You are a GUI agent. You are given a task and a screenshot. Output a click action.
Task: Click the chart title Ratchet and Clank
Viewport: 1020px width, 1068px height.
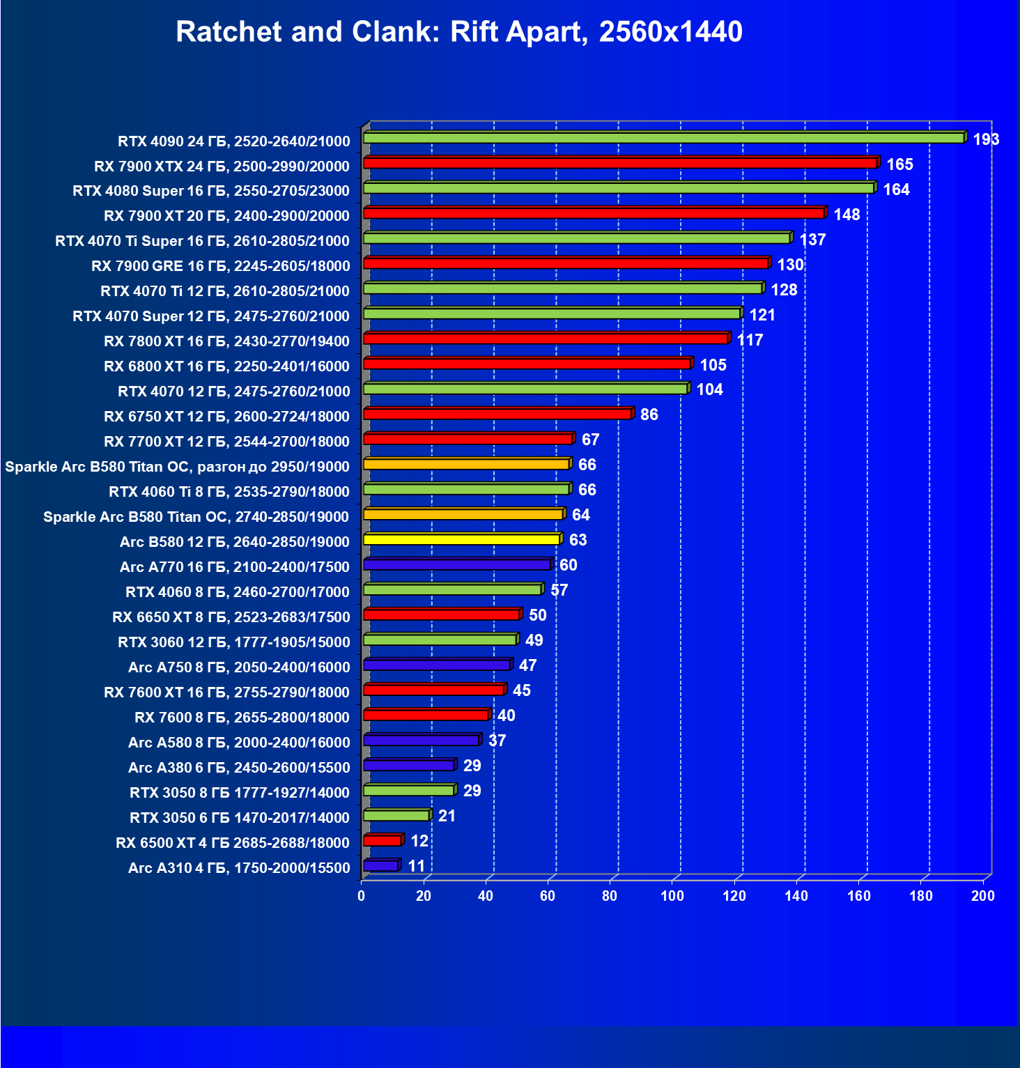click(x=459, y=32)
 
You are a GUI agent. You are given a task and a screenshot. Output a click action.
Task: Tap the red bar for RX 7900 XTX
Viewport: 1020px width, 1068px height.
click(x=620, y=163)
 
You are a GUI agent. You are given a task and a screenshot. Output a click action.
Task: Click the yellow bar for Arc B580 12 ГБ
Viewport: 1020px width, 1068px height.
click(x=461, y=539)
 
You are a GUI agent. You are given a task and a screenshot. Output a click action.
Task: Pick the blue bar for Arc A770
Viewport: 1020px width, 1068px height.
click(x=457, y=564)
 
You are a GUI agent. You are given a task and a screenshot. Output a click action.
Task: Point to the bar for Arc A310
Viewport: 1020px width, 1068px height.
click(x=380, y=865)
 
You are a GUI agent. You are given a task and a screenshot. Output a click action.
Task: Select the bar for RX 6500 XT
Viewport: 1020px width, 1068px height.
click(x=382, y=840)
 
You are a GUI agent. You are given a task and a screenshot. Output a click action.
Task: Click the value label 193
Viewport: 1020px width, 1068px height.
click(x=986, y=139)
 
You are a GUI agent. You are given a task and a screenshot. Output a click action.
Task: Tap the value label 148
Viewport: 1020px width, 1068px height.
click(x=847, y=215)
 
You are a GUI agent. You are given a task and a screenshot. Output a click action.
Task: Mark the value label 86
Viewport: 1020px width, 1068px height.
click(x=649, y=415)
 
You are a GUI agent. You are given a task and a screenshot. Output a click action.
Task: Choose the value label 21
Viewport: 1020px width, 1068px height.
click(x=447, y=816)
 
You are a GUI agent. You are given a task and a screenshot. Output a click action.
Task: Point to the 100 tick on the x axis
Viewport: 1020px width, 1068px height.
click(x=672, y=896)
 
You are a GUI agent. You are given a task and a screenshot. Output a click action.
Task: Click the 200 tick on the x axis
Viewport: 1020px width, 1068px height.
click(x=983, y=896)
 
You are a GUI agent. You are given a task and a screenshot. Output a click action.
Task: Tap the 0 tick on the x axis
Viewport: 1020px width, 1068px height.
click(x=362, y=896)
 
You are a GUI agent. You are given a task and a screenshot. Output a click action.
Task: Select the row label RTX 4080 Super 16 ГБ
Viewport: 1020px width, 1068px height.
click(x=211, y=191)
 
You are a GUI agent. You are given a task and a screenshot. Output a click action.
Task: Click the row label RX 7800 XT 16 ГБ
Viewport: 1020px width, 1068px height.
click(x=226, y=341)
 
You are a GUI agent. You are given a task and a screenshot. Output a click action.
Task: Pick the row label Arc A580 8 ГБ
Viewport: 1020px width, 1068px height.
click(x=239, y=743)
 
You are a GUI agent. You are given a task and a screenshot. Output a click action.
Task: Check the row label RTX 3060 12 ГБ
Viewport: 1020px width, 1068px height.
click(x=234, y=642)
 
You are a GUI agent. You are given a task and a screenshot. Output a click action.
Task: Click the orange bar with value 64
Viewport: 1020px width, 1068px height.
click(x=463, y=514)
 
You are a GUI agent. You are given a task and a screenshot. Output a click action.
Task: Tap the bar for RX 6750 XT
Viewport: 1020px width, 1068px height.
click(x=497, y=414)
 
